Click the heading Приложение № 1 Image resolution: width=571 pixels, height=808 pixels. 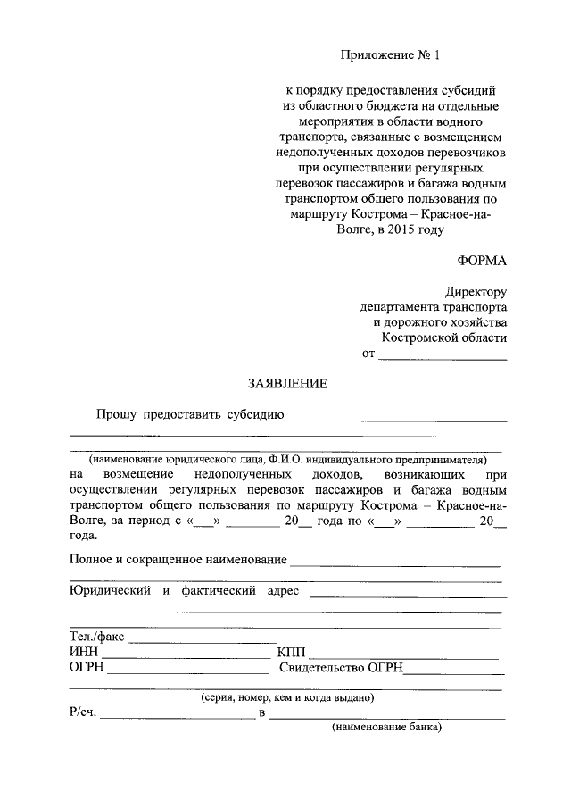(x=391, y=54)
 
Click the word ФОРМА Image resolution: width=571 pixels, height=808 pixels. (x=482, y=261)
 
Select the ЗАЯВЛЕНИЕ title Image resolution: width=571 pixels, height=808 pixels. (x=287, y=384)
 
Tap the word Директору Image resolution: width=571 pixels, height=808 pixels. (x=476, y=291)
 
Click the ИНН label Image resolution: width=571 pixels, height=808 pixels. (x=84, y=652)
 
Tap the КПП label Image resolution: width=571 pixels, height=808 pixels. (x=293, y=652)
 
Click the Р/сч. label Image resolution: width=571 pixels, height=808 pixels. (x=84, y=712)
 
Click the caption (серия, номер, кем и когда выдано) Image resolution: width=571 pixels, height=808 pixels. (x=287, y=697)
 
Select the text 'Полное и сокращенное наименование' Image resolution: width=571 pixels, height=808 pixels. (x=178, y=560)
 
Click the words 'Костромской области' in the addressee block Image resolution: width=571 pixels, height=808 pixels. (x=444, y=337)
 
